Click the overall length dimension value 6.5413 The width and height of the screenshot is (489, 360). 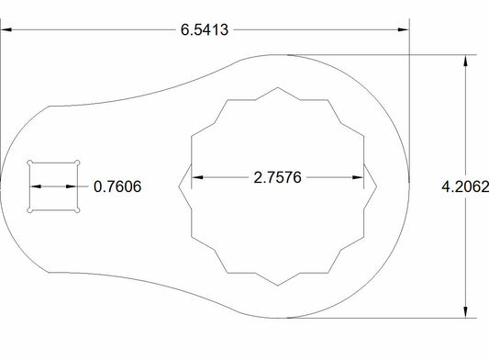click(x=206, y=29)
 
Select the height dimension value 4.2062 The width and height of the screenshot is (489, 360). click(x=464, y=186)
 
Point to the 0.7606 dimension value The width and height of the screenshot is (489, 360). click(x=118, y=186)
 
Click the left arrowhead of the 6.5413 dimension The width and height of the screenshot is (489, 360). click(x=7, y=29)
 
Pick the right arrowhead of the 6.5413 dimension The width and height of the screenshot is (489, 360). click(x=403, y=29)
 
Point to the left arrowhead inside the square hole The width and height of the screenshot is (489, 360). click(x=36, y=186)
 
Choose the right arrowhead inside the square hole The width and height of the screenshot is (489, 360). click(x=72, y=186)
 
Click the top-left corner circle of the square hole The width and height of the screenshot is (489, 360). click(x=30, y=163)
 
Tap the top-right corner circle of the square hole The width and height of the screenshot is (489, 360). click(x=78, y=163)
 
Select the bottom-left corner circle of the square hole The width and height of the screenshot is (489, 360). click(x=30, y=210)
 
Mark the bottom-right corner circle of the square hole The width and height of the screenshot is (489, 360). click(x=78, y=210)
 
